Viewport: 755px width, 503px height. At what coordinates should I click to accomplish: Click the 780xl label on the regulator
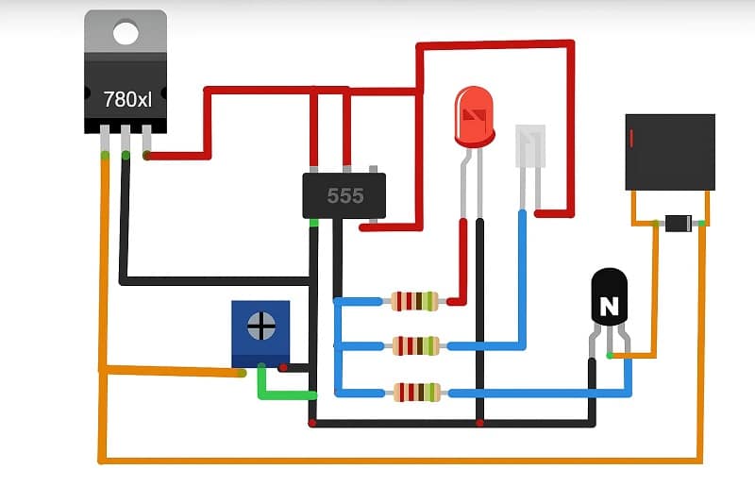click(126, 98)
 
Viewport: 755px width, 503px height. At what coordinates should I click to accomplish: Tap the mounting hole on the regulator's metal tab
click(126, 33)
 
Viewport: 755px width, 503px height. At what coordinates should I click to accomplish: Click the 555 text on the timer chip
click(344, 196)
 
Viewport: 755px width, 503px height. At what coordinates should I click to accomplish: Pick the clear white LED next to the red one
click(529, 146)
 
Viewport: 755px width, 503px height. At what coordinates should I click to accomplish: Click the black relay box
click(670, 152)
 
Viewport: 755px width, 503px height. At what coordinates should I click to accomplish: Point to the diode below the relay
click(678, 224)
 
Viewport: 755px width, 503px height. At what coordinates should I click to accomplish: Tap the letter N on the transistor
click(610, 307)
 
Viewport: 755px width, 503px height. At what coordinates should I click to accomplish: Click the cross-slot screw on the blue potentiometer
click(260, 327)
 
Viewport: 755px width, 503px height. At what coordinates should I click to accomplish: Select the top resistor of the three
click(415, 301)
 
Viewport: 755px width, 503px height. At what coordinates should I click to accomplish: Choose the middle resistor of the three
click(415, 345)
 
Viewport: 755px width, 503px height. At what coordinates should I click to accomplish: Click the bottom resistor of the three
click(415, 392)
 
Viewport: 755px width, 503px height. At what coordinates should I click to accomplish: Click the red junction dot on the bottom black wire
click(480, 423)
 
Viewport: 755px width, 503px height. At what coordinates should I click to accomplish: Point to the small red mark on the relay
click(630, 139)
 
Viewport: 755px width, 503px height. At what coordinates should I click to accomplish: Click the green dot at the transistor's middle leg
click(610, 356)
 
